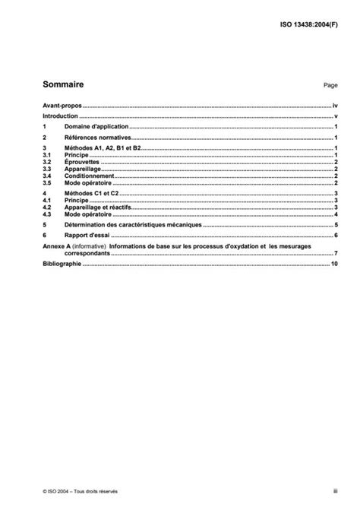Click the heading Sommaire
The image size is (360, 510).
63,85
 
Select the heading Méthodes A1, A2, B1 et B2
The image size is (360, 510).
103,149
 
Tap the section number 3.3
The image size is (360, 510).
46,169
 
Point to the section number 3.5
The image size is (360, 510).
46,183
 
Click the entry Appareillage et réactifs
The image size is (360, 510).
99,208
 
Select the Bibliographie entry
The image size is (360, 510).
62,264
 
